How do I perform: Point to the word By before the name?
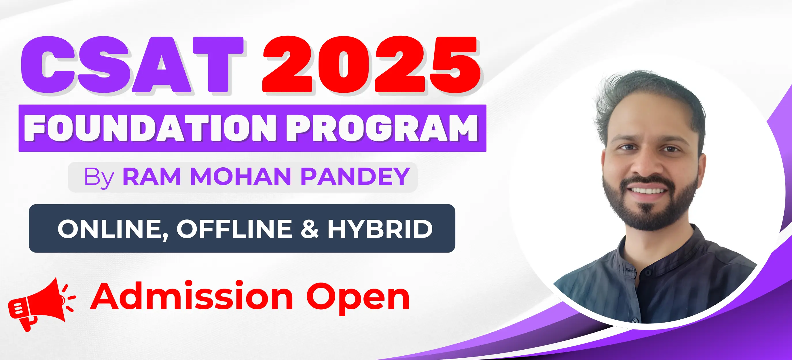[x=99, y=178]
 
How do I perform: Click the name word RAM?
[x=151, y=177]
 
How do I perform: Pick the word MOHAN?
[x=240, y=177]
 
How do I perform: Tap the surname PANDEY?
[x=355, y=177]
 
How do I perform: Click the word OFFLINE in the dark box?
[x=234, y=229]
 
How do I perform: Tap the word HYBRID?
[x=380, y=229]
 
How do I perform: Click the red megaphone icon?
[x=41, y=304]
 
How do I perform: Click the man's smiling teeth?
[x=648, y=190]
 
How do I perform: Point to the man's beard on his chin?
[x=649, y=215]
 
